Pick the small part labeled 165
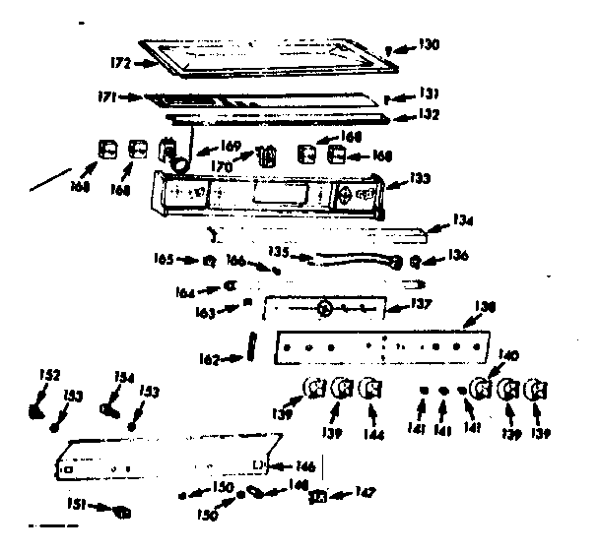click(x=209, y=262)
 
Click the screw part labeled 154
click(x=107, y=403)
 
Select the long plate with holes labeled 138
click(x=379, y=347)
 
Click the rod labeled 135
click(x=350, y=260)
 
